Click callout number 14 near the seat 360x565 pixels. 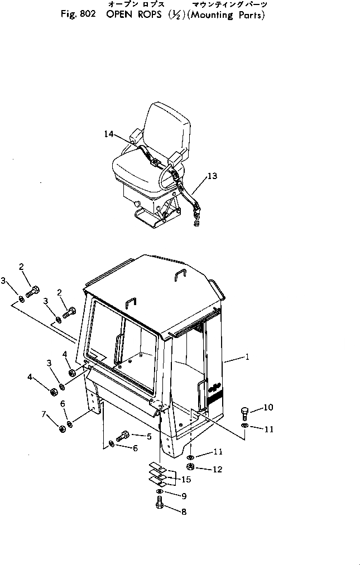pos(108,134)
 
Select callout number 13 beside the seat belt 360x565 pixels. pos(212,176)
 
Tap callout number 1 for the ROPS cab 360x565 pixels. pos(247,358)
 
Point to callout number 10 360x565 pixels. pos(268,408)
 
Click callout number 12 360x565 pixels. pos(217,470)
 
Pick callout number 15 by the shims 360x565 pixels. pos(186,479)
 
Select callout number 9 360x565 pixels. pos(184,496)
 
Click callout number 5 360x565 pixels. pos(149,437)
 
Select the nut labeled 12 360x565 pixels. pos(191,467)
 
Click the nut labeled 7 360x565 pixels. pos(61,429)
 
